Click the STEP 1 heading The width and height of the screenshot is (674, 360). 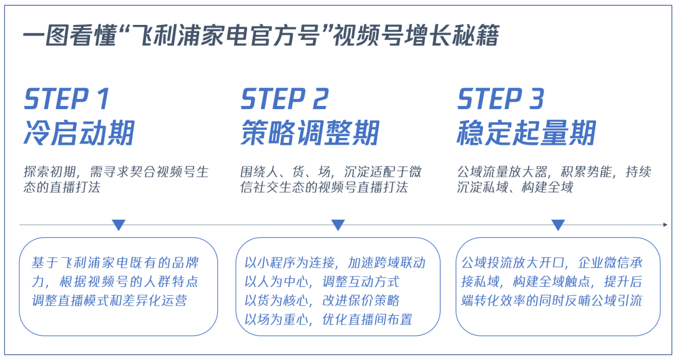66,99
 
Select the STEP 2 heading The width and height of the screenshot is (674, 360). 284,99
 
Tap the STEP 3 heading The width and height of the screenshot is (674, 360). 501,99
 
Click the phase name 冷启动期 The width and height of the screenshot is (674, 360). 79,133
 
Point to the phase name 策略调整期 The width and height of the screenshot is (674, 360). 310,133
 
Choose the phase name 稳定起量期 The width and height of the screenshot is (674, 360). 526,133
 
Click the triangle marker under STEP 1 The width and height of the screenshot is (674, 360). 119,225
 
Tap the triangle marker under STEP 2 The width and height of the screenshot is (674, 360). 338,225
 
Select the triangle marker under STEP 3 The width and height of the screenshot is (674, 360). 558,225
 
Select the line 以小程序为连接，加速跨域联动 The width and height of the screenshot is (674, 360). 335,263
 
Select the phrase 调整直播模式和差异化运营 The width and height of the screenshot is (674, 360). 110,300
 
